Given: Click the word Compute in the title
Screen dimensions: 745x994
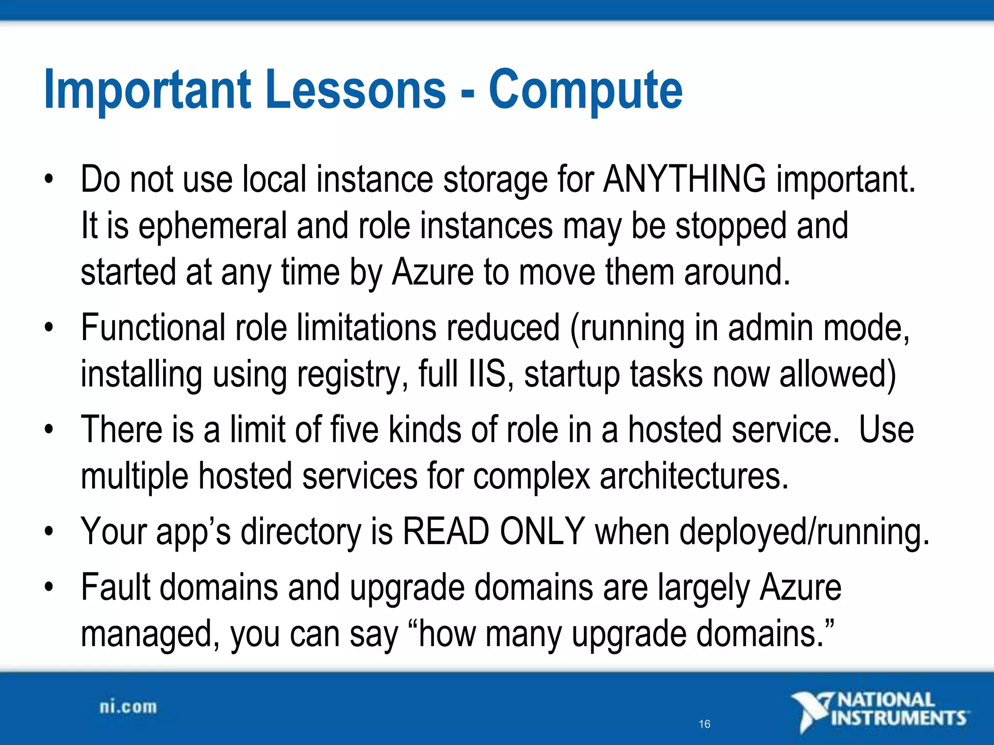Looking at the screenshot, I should (x=585, y=90).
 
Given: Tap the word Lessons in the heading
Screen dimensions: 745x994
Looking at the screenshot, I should (x=355, y=90).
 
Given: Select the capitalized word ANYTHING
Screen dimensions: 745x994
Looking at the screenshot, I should (x=684, y=179).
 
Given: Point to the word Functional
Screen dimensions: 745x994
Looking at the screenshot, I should (x=153, y=328).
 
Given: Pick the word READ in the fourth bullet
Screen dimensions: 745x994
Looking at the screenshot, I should (x=446, y=532).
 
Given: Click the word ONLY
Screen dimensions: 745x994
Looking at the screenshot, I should (x=542, y=532).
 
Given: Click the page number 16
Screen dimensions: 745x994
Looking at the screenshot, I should (x=704, y=724).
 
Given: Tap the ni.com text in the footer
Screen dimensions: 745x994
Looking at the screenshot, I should (x=128, y=707).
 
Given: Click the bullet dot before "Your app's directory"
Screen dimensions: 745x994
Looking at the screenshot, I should (x=48, y=532).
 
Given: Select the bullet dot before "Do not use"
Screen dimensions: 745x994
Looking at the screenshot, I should (x=48, y=179).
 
